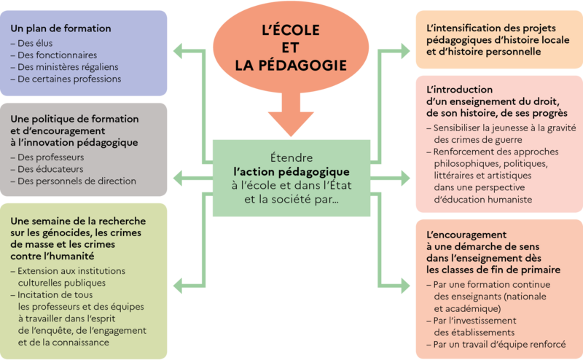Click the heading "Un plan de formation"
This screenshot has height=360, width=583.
coord(60,28)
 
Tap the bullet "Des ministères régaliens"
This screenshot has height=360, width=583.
coord(65,67)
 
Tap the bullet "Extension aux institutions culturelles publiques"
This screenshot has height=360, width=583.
coord(69,276)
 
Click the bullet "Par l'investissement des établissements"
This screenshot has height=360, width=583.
coord(485,326)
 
